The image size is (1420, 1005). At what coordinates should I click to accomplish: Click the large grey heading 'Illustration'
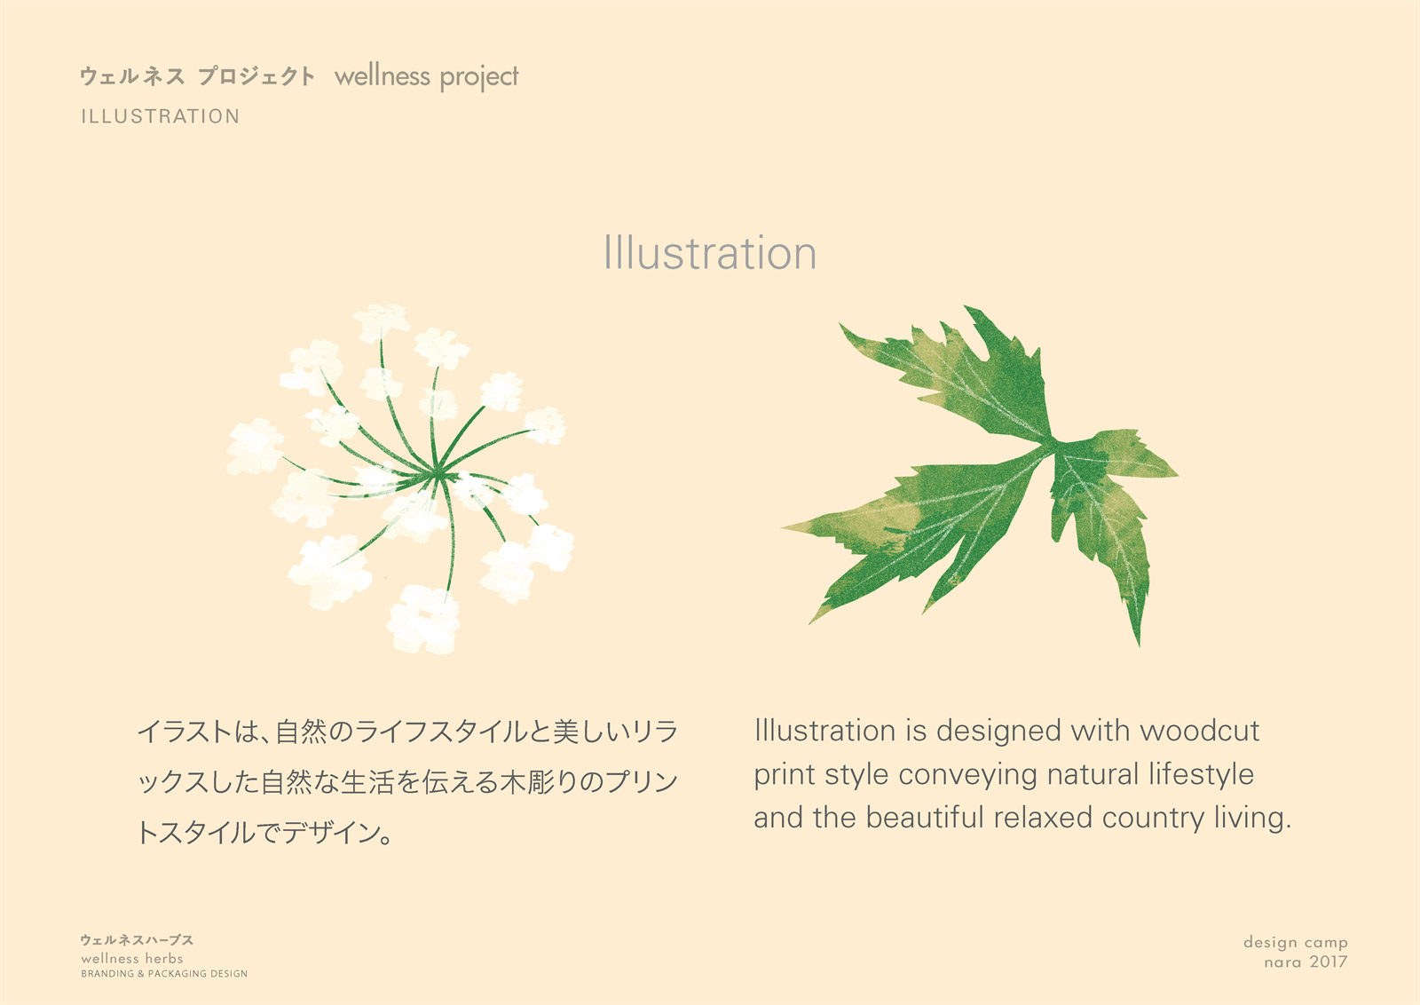[710, 253]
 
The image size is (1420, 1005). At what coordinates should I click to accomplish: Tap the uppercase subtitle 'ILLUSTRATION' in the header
[161, 116]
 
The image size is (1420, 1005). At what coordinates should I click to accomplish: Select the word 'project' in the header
[479, 77]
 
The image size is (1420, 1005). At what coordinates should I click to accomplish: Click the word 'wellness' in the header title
[383, 76]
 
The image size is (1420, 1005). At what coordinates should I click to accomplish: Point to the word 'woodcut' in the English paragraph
[1199, 731]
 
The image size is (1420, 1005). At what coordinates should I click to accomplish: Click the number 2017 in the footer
[1328, 961]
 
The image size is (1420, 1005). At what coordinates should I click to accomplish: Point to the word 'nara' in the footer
[1282, 962]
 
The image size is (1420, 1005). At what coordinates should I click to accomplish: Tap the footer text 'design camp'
[1296, 943]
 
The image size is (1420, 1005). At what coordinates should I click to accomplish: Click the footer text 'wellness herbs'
[132, 959]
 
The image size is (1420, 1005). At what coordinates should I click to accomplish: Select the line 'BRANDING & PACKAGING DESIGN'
[164, 974]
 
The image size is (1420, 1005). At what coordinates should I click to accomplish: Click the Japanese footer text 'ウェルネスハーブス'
[137, 940]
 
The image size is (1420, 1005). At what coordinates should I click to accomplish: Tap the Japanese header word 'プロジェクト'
[256, 76]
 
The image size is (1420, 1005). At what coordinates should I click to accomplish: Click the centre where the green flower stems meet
[437, 472]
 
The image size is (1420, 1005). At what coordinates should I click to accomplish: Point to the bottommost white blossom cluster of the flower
[423, 620]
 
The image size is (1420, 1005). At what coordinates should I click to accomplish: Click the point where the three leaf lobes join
[1051, 442]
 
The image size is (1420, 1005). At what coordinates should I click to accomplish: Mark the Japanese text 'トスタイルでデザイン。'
[264, 833]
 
